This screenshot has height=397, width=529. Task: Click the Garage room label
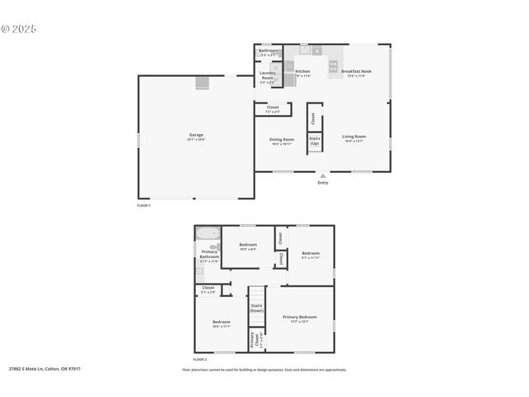(196, 136)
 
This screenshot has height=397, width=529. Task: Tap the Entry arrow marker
(323, 175)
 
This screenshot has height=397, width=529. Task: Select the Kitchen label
(303, 72)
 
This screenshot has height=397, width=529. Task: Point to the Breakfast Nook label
(357, 72)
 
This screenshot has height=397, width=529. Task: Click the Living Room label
(354, 137)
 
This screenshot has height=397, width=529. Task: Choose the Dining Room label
(281, 141)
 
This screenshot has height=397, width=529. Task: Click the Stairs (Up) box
(315, 141)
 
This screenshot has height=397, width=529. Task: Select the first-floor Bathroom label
(269, 51)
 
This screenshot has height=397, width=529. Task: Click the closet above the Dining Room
(272, 108)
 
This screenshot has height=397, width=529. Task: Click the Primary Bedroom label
(299, 318)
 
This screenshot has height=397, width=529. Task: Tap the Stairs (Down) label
(257, 308)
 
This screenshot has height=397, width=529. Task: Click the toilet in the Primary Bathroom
(213, 246)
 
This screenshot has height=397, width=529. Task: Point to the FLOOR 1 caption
(144, 205)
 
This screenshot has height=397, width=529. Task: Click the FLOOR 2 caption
(200, 360)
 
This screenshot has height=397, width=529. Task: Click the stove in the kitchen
(334, 65)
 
